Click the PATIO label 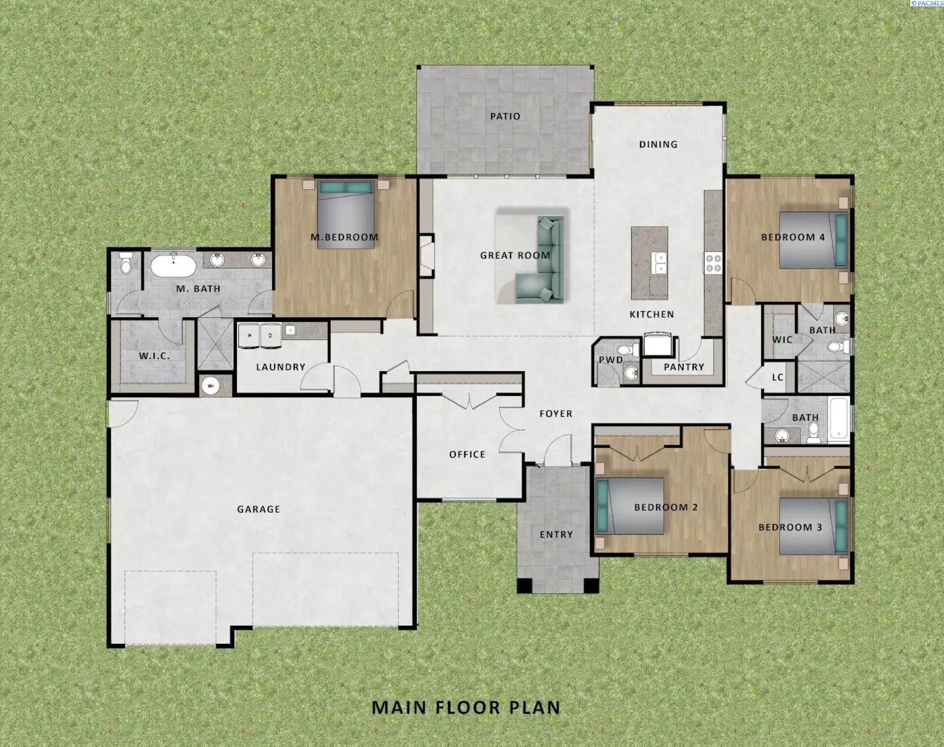[505, 116]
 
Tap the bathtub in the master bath [174, 266]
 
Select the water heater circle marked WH [210, 386]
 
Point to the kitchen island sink [659, 263]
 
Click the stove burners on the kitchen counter [713, 263]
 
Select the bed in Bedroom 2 [630, 506]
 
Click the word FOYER [556, 414]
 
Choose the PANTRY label [684, 367]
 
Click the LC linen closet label [777, 377]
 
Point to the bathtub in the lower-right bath [839, 419]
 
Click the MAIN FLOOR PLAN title [466, 707]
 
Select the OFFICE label [467, 454]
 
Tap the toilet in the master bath [126, 263]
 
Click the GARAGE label [258, 509]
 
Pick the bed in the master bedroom [346, 215]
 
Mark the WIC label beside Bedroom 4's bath [782, 340]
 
